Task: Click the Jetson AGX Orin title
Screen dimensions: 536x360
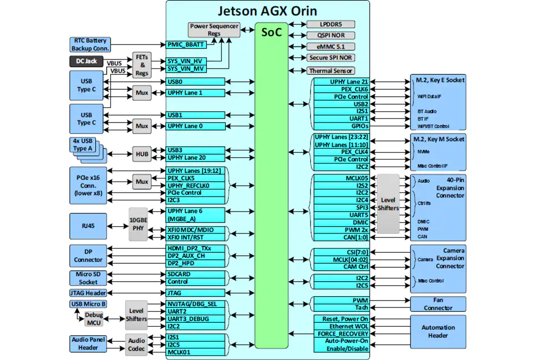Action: (268, 11)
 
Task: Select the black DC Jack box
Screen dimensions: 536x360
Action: (86, 61)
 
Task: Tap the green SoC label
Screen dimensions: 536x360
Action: (271, 32)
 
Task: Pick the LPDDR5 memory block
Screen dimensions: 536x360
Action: (331, 24)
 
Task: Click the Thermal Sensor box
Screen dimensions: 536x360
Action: (331, 71)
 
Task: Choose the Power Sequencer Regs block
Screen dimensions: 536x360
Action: (214, 30)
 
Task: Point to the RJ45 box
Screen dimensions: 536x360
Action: (88, 226)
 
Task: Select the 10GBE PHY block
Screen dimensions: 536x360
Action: (138, 224)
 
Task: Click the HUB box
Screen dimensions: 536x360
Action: (142, 154)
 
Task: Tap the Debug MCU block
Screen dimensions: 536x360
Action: (94, 319)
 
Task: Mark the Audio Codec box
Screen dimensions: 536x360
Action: (136, 345)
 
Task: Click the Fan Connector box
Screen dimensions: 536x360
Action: (438, 304)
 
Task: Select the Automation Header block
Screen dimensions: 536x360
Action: (438, 332)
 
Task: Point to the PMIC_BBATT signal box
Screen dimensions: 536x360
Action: (186, 45)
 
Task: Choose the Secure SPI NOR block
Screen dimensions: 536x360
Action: (331, 58)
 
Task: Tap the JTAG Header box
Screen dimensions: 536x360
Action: (88, 293)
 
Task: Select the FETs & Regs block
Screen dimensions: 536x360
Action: (142, 65)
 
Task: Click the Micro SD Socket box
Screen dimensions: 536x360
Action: (88, 278)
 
